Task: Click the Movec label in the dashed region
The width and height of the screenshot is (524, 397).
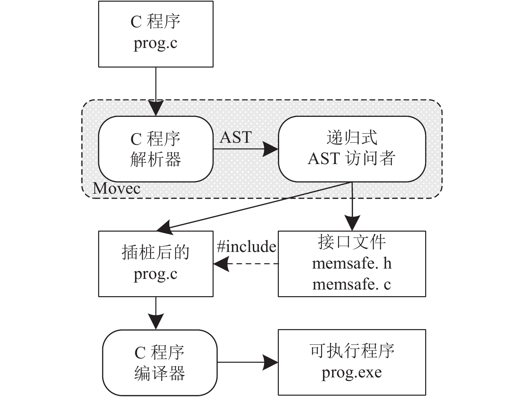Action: tap(116, 188)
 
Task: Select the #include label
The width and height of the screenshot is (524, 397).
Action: tap(247, 246)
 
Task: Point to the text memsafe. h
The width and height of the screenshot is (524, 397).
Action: tap(352, 264)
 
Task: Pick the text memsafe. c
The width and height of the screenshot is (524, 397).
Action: tap(352, 284)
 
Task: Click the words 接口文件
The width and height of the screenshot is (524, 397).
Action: tap(352, 242)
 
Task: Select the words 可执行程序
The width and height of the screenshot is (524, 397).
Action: tap(352, 351)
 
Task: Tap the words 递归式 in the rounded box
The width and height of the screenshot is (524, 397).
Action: tap(352, 137)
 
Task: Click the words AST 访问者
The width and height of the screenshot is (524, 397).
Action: tap(352, 158)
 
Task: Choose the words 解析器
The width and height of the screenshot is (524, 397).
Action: tap(156, 159)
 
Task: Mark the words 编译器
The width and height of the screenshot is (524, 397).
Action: tap(160, 373)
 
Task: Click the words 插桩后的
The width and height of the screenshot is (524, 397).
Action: tap(156, 252)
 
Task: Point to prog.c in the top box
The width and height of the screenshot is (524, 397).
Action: tap(155, 44)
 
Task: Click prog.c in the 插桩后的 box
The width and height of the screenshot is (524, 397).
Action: tap(155, 274)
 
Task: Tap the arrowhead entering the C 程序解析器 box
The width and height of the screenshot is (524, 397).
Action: tap(156, 108)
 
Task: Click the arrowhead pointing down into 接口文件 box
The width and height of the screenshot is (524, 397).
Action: tap(352, 223)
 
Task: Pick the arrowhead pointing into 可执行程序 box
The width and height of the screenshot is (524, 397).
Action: tap(270, 362)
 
